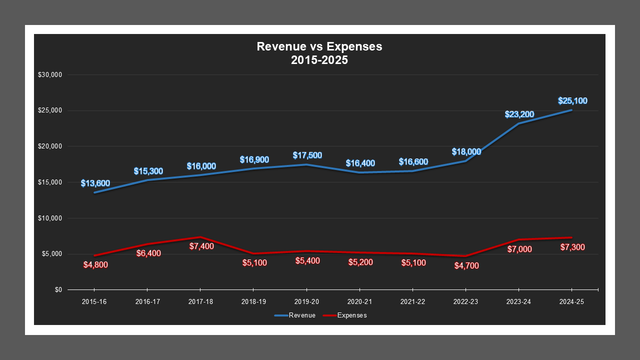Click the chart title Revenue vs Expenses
(x=319, y=46)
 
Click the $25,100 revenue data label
(x=572, y=101)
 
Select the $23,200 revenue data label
(x=519, y=114)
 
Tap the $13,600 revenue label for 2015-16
(x=95, y=183)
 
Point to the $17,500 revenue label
(x=307, y=155)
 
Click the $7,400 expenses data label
(x=201, y=246)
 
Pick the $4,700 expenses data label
(x=466, y=266)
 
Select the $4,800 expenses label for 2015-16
(x=95, y=264)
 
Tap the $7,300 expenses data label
(x=572, y=247)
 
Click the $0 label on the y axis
(x=58, y=290)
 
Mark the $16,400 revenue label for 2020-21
(x=360, y=163)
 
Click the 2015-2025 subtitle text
(x=319, y=60)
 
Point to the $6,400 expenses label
(x=148, y=253)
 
